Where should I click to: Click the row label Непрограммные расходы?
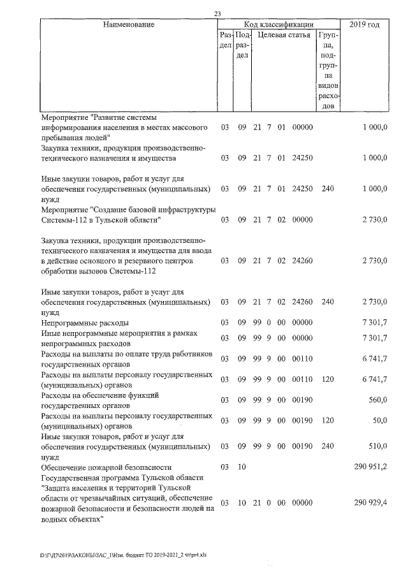click(x=84, y=323)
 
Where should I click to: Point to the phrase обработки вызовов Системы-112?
click(x=97, y=270)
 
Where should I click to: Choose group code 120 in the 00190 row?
click(x=328, y=420)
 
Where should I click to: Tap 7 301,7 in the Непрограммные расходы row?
click(x=375, y=323)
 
